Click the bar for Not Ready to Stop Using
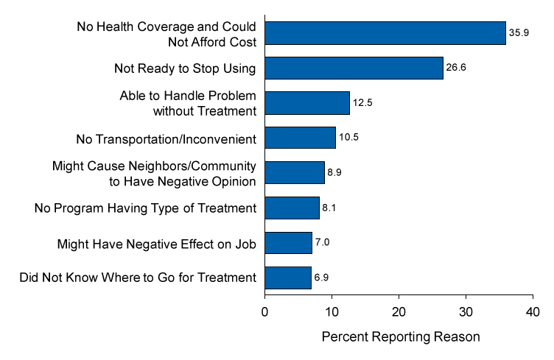[x=354, y=68]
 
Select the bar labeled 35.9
[x=385, y=33]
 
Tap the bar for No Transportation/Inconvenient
[x=300, y=138]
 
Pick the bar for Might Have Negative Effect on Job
[x=288, y=243]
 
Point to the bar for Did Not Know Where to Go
[x=288, y=278]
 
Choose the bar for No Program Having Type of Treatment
[x=292, y=208]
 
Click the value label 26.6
[x=456, y=68]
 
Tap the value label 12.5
[x=362, y=103]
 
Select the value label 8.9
[x=334, y=172]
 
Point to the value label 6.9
[x=321, y=278]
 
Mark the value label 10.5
[x=348, y=137]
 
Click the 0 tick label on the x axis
[x=264, y=312]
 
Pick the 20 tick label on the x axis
[x=399, y=312]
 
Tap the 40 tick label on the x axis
[x=533, y=312]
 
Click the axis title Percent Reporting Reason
[x=401, y=336]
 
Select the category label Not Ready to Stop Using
[x=185, y=68]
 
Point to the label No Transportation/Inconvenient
[x=166, y=139]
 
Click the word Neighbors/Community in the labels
[x=192, y=166]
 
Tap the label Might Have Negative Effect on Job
[x=156, y=244]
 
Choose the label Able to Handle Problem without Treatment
[x=188, y=103]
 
